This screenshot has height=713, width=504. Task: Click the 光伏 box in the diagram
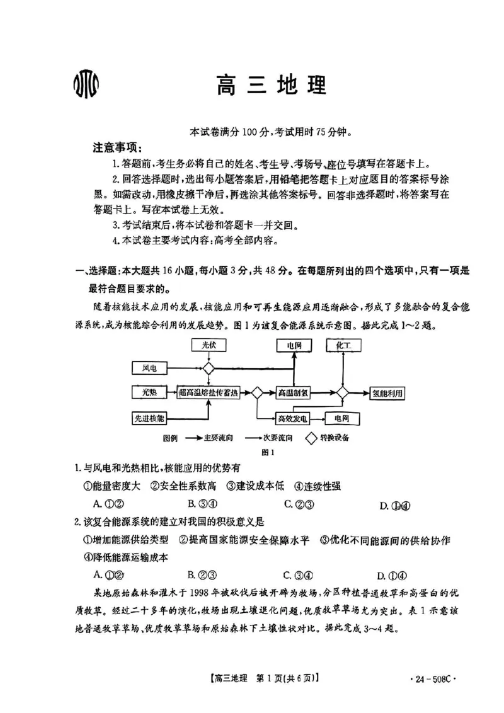[x=208, y=345]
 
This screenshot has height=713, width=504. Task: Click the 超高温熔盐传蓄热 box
[x=209, y=392]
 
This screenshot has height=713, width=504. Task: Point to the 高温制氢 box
[x=294, y=392]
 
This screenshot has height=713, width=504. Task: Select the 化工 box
[x=343, y=345]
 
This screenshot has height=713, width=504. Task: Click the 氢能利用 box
[x=387, y=392]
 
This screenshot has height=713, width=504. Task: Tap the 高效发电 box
[x=294, y=418]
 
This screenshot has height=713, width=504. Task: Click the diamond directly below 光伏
[x=208, y=368]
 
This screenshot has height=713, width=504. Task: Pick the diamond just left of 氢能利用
[x=342, y=392]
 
